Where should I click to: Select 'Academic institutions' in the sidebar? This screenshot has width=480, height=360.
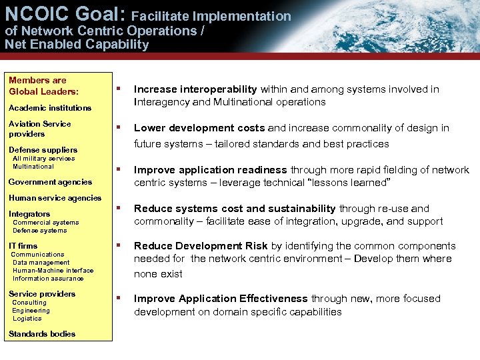[49, 108]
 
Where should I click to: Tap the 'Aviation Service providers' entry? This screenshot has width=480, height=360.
[39, 129]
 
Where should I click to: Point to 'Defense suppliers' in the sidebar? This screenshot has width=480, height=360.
[43, 150]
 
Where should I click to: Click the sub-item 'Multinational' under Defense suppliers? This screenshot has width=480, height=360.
[33, 167]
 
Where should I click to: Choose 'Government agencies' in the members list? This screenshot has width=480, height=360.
[50, 182]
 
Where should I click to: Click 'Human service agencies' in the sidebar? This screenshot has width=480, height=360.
[55, 198]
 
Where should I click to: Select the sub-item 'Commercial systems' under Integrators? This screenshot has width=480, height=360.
[45, 223]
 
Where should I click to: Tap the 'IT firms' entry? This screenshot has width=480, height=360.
[23, 246]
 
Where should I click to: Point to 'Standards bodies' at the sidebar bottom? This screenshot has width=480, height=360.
[42, 334]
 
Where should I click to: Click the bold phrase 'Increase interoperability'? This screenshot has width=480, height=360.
[195, 89]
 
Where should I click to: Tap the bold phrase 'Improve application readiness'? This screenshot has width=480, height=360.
[211, 170]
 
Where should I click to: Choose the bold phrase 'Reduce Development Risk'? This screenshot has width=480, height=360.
[201, 246]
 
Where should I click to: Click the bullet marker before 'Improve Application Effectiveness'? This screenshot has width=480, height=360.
[118, 298]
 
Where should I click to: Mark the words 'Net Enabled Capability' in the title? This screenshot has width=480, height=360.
[77, 45]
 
